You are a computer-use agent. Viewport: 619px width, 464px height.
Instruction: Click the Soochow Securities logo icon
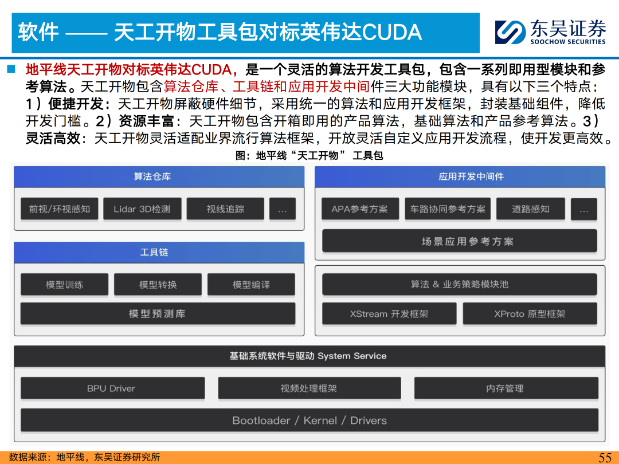510,32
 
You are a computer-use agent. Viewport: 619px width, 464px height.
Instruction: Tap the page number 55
605,457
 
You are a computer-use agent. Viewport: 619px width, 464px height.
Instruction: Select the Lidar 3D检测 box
142,209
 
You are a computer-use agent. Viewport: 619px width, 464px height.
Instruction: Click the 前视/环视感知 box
59,209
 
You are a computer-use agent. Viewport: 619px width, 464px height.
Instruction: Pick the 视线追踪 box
225,209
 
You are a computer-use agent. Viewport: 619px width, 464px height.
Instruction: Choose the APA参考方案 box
360,209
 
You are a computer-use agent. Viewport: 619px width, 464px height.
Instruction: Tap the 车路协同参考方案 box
448,209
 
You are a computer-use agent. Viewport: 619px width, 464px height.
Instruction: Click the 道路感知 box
531,209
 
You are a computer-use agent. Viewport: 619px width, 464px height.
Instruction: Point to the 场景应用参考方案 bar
460,241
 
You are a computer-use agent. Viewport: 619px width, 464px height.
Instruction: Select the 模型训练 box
64,285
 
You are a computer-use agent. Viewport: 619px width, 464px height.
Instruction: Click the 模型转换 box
158,285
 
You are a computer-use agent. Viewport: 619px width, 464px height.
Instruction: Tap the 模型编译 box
251,285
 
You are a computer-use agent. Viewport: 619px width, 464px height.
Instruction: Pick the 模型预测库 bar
158,314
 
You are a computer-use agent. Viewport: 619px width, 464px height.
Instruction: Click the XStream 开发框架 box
389,314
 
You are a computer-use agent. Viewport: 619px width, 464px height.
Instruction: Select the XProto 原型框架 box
530,314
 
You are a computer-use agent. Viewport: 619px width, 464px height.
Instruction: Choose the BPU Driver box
112,388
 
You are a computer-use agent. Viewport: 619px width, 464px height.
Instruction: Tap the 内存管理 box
506,388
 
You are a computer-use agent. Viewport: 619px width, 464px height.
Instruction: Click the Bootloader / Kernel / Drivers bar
309,420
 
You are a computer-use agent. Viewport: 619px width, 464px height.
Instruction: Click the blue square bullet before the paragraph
11,69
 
